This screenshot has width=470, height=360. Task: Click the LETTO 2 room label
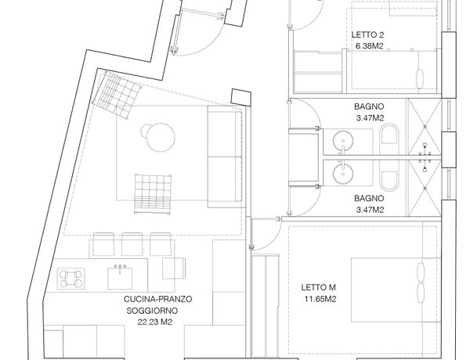(x=367, y=34)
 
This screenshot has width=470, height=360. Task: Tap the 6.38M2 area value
(x=369, y=46)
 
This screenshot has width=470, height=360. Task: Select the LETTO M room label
(x=318, y=287)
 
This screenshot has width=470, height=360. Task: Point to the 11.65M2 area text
(x=320, y=299)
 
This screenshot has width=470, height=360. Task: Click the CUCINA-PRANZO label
(x=157, y=299)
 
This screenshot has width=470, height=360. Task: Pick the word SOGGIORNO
(x=152, y=311)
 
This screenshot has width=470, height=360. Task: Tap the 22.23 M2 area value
(x=154, y=322)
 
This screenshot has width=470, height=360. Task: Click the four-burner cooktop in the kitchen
(x=71, y=279)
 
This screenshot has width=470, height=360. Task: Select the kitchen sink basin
(x=120, y=279)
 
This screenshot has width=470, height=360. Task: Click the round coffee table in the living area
(x=161, y=137)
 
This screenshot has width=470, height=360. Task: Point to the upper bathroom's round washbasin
(x=343, y=140)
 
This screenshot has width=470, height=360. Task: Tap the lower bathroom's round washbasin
(x=343, y=174)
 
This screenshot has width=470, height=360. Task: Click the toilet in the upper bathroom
(x=389, y=139)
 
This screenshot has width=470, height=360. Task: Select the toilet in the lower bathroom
(x=389, y=175)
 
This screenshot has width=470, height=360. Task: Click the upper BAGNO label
(x=369, y=106)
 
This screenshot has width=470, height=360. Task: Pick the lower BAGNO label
(x=369, y=198)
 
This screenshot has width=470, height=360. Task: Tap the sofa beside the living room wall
(x=225, y=157)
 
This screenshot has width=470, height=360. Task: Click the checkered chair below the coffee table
(x=153, y=194)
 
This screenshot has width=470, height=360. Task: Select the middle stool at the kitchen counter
(x=132, y=244)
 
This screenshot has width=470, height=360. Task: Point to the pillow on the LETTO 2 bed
(x=420, y=79)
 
